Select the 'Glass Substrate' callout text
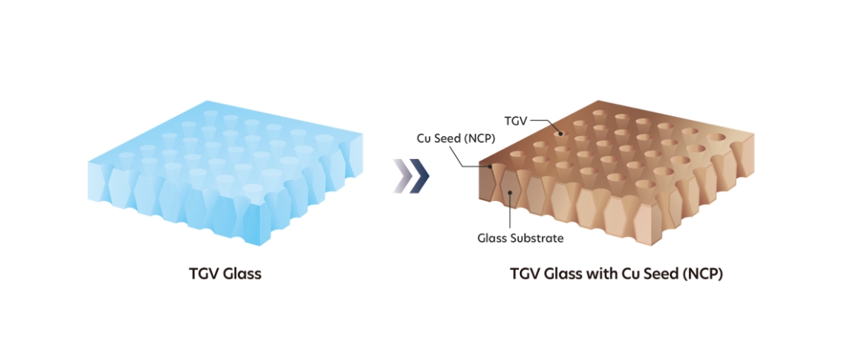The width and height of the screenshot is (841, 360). tap(520, 238)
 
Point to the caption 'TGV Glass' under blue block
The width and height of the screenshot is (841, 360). tap(224, 273)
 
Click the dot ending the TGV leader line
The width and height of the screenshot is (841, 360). tap(560, 133)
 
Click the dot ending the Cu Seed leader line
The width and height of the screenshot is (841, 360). tap(489, 166)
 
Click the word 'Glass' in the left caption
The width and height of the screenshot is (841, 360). tap(241, 273)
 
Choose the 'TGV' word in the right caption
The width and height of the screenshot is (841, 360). tap(525, 273)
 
